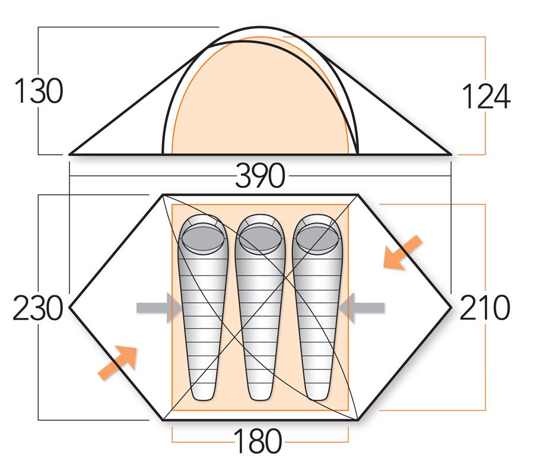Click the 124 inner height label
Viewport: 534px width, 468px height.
point(486,97)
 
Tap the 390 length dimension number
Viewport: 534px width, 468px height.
point(260,176)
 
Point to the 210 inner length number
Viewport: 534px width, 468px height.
point(485,308)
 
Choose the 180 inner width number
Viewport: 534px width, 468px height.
point(258,441)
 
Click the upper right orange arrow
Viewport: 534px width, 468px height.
point(402,252)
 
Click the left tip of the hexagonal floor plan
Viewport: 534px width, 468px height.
point(72,307)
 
